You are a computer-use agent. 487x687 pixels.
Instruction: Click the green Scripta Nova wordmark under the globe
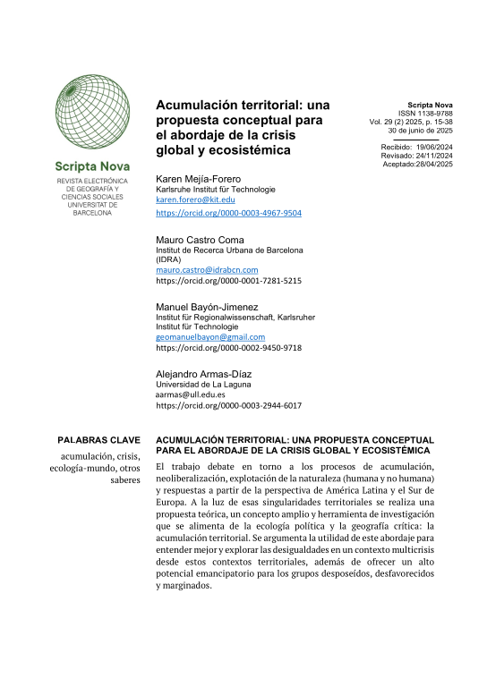pos(92,166)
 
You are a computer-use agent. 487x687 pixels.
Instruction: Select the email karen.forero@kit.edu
pos(196,202)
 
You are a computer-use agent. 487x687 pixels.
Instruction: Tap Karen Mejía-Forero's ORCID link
pos(228,215)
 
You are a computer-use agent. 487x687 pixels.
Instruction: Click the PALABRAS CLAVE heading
pos(98,441)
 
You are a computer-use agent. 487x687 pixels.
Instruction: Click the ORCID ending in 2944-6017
pos(228,405)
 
